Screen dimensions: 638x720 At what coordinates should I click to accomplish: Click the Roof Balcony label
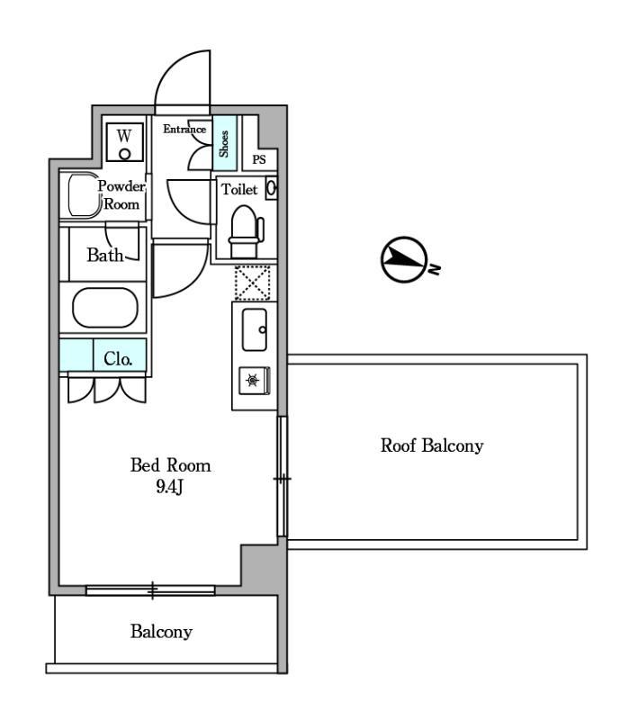click(x=432, y=445)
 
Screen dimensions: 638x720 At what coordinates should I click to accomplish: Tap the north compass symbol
click(x=404, y=259)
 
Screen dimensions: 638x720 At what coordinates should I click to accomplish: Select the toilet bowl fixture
click(x=246, y=231)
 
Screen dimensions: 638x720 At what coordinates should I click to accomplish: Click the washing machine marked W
click(x=124, y=142)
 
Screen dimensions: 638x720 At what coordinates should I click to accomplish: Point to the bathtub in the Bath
click(x=105, y=307)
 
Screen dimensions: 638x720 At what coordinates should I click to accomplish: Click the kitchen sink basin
click(x=255, y=329)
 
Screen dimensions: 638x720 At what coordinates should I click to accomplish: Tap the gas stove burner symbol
click(x=253, y=380)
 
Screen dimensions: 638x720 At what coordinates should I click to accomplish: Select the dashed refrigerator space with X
click(x=253, y=283)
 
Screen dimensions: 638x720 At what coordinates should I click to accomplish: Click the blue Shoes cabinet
click(x=224, y=143)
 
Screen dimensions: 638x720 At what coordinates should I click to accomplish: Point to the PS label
click(x=259, y=160)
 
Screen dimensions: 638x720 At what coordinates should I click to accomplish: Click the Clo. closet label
click(x=118, y=358)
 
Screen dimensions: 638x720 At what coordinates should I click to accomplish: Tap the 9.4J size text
click(x=169, y=487)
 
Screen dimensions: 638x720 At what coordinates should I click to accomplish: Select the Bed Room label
click(x=170, y=465)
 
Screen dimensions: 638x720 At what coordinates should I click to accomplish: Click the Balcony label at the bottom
click(x=161, y=632)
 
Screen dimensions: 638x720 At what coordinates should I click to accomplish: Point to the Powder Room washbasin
click(x=84, y=194)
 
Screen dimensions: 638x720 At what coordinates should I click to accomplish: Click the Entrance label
click(x=184, y=129)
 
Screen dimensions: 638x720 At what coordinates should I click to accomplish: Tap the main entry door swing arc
click(x=172, y=66)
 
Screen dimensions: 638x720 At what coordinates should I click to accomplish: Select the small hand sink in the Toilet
click(x=271, y=188)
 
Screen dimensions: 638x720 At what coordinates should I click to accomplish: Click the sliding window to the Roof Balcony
click(x=283, y=476)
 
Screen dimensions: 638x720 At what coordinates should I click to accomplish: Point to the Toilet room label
click(x=239, y=189)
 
